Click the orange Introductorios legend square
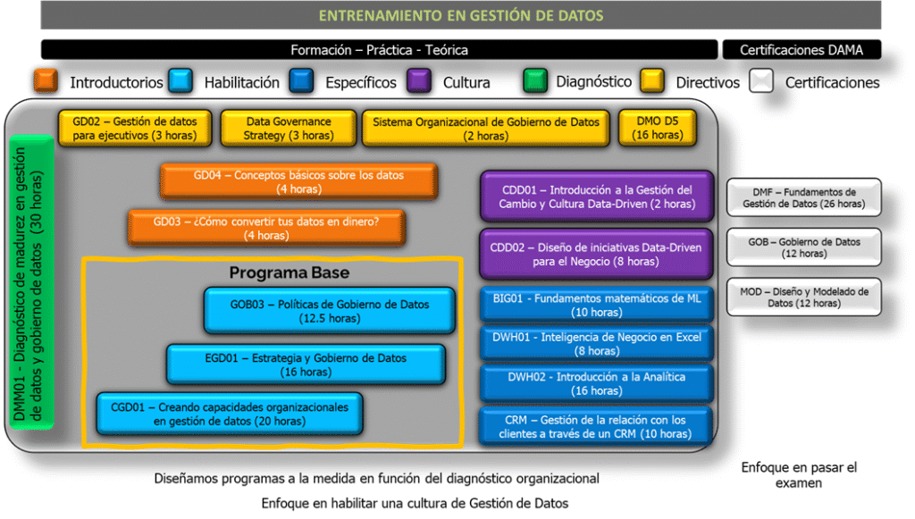[46, 81]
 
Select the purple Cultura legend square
[419, 81]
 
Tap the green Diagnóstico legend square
[534, 81]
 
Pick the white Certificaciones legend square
[761, 81]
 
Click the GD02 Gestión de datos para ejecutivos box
[135, 129]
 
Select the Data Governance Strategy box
[289, 129]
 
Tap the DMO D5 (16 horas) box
[657, 129]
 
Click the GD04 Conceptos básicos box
[298, 182]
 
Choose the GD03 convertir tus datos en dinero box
[266, 228]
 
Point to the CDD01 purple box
[596, 197]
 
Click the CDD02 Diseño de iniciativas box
[596, 255]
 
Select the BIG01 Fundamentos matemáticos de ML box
[596, 305]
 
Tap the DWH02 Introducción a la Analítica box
[596, 383]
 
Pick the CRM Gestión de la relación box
[595, 426]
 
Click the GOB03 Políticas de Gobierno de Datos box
[329, 311]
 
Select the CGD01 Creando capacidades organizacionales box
[230, 414]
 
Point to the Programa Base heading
[290, 272]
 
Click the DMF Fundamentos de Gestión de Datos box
[803, 197]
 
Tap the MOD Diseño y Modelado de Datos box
[803, 297]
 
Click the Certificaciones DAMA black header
[802, 49]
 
